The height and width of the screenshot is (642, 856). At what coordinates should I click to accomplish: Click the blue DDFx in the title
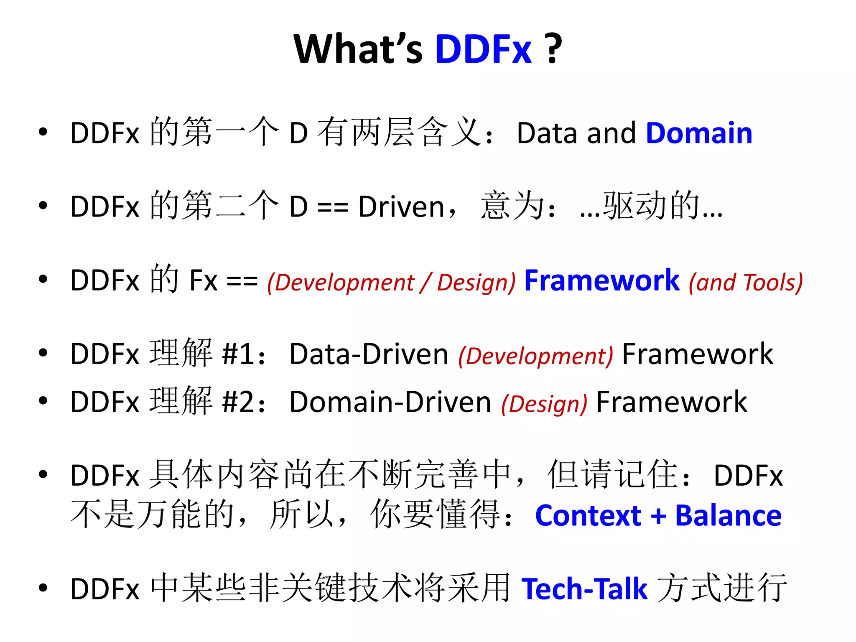[x=483, y=49]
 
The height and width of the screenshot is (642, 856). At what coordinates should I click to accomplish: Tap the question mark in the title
[x=554, y=49]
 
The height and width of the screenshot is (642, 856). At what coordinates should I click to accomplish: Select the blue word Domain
[x=699, y=133]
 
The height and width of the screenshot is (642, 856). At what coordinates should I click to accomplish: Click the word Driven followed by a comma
[x=401, y=207]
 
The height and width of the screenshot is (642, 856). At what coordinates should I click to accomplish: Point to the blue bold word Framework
[x=602, y=280]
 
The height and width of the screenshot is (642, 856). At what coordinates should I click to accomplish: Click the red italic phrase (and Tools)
[x=746, y=283]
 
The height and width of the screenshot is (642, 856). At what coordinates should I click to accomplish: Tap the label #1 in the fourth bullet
[x=238, y=354]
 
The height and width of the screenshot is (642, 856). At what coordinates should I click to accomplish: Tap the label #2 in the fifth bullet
[x=238, y=402]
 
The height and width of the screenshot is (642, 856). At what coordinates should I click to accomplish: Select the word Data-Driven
[x=369, y=354]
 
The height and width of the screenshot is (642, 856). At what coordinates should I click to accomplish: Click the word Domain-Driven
[x=390, y=402]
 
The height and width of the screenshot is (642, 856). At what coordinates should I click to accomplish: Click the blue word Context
[x=588, y=516]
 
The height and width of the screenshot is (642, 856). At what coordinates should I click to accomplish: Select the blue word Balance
[x=728, y=516]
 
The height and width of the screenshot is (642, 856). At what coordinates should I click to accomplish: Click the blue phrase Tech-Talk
[x=584, y=589]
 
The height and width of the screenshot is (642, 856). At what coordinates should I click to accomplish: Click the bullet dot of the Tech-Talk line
[x=43, y=588]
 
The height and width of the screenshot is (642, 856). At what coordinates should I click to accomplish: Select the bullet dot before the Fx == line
[x=43, y=279]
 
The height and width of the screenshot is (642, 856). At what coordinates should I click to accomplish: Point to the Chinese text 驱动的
[x=651, y=206]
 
